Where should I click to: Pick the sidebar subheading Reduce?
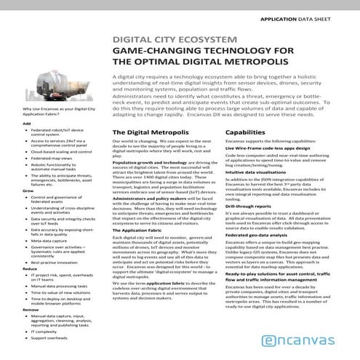[x=31, y=268]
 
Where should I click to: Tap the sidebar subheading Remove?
[x=31, y=308]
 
